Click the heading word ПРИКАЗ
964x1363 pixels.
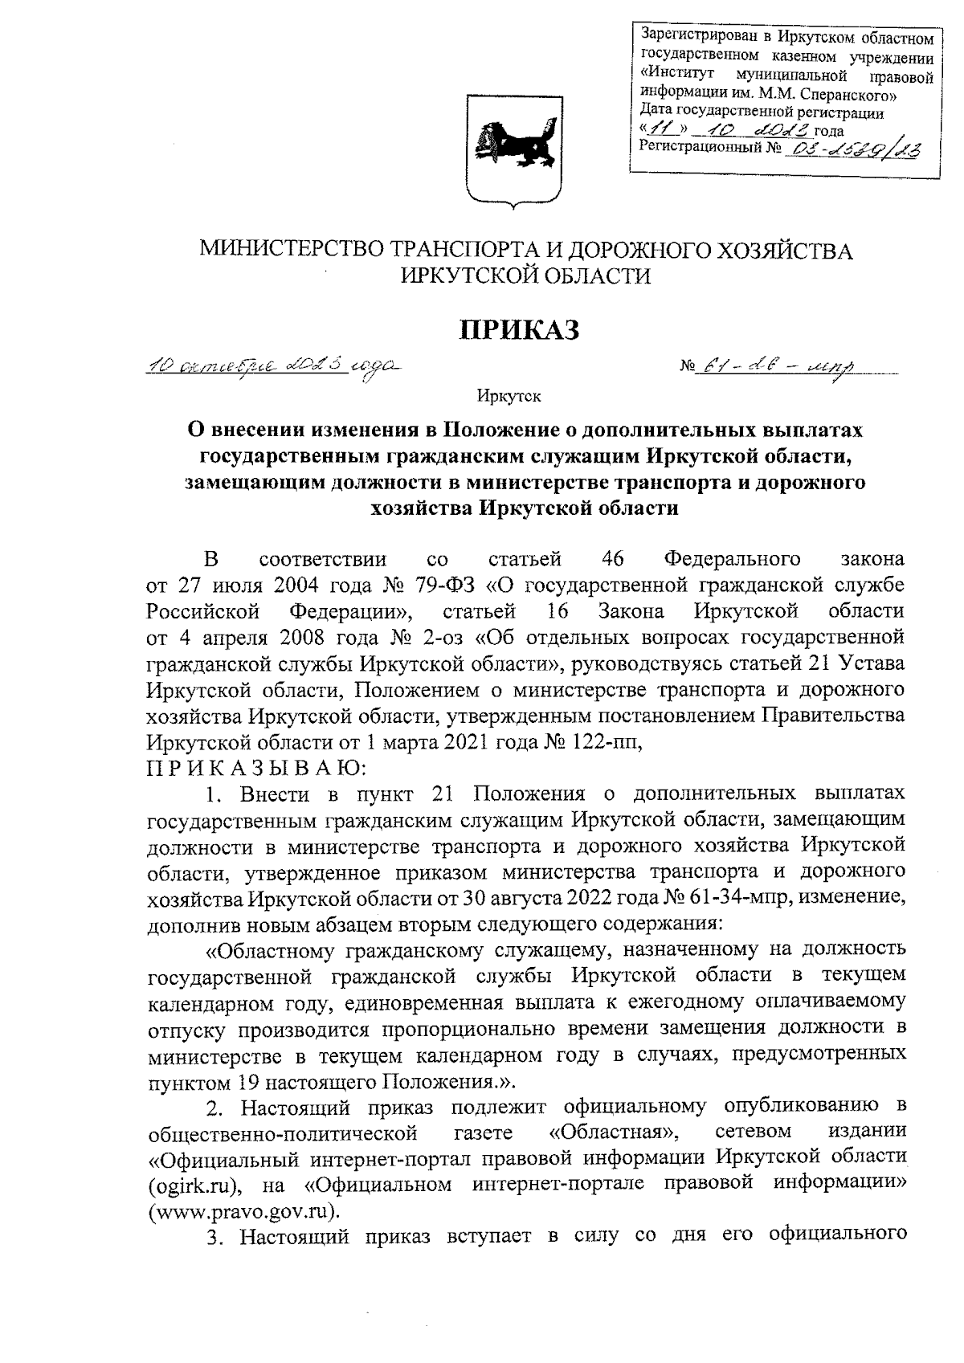click(x=519, y=329)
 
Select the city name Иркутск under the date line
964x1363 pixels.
click(x=509, y=395)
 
